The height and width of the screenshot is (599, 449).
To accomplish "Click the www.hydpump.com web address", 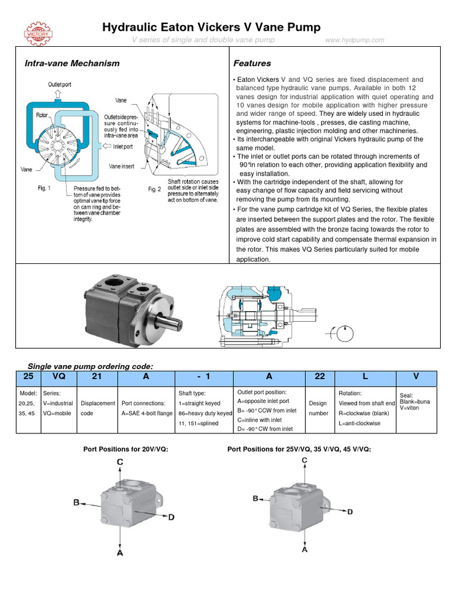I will (x=355, y=40).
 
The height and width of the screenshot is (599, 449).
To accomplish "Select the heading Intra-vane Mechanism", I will (x=72, y=63).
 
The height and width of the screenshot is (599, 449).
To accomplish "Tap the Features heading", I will (x=252, y=63).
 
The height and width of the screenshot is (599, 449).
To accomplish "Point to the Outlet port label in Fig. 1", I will (x=60, y=85).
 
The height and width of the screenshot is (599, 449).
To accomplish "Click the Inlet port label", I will (x=123, y=146).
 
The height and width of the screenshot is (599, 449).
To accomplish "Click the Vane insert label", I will (x=122, y=166).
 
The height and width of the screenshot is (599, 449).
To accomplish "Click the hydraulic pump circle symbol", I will (x=343, y=334).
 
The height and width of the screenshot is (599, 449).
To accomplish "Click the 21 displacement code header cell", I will (x=97, y=377).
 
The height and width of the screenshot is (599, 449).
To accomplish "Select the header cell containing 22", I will (x=320, y=377).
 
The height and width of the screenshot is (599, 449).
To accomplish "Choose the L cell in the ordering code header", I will (x=365, y=377).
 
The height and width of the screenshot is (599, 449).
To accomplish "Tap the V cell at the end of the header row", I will (x=416, y=377).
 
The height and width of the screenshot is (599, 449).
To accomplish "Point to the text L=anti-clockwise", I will (x=360, y=423).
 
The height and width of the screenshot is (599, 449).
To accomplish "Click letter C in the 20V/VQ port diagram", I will (x=120, y=462).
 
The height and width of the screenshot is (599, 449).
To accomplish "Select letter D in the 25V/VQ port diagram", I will (x=350, y=512).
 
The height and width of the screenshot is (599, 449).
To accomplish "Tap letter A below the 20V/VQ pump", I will (x=120, y=553).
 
